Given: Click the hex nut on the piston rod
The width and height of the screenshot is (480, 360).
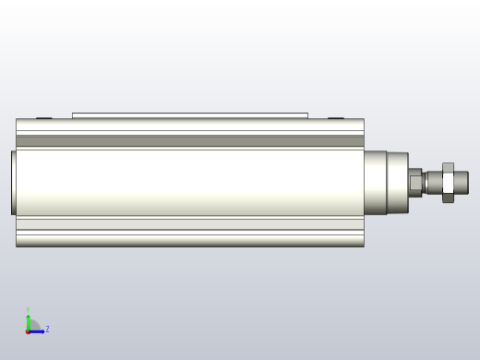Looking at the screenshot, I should pyautogui.click(x=448, y=182).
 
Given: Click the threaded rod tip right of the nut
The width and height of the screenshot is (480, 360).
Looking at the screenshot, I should pyautogui.click(x=462, y=182).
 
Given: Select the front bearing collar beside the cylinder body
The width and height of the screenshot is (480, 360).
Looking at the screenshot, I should pyautogui.click(x=386, y=182).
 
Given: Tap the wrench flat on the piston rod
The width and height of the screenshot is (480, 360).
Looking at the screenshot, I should pyautogui.click(x=415, y=182).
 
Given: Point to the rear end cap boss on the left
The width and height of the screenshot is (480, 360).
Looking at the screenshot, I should pyautogui.click(x=14, y=182).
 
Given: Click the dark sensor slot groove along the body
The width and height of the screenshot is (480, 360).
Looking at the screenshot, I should pyautogui.click(x=189, y=141).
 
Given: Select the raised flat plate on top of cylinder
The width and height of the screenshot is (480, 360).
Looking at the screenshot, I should pyautogui.click(x=189, y=115).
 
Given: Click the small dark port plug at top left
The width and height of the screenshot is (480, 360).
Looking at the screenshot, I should pyautogui.click(x=43, y=117).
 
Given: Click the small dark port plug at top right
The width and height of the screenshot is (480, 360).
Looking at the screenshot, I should pyautogui.click(x=335, y=117).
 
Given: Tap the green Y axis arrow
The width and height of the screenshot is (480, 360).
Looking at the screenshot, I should pyautogui.click(x=28, y=319).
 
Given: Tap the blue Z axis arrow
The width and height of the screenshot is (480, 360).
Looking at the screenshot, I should pyautogui.click(x=37, y=330).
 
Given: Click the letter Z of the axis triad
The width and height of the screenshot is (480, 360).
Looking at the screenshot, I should pyautogui.click(x=47, y=330).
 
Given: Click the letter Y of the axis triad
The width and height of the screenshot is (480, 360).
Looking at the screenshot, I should pyautogui.click(x=28, y=310).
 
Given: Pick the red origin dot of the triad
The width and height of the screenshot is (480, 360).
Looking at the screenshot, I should pyautogui.click(x=28, y=330).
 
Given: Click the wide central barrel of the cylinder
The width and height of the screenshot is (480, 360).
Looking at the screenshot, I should pyautogui.click(x=189, y=182).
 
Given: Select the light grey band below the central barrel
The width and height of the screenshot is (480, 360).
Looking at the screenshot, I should pyautogui.click(x=189, y=223).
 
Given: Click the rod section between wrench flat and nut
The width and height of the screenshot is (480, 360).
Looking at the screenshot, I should pyautogui.click(x=432, y=182).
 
